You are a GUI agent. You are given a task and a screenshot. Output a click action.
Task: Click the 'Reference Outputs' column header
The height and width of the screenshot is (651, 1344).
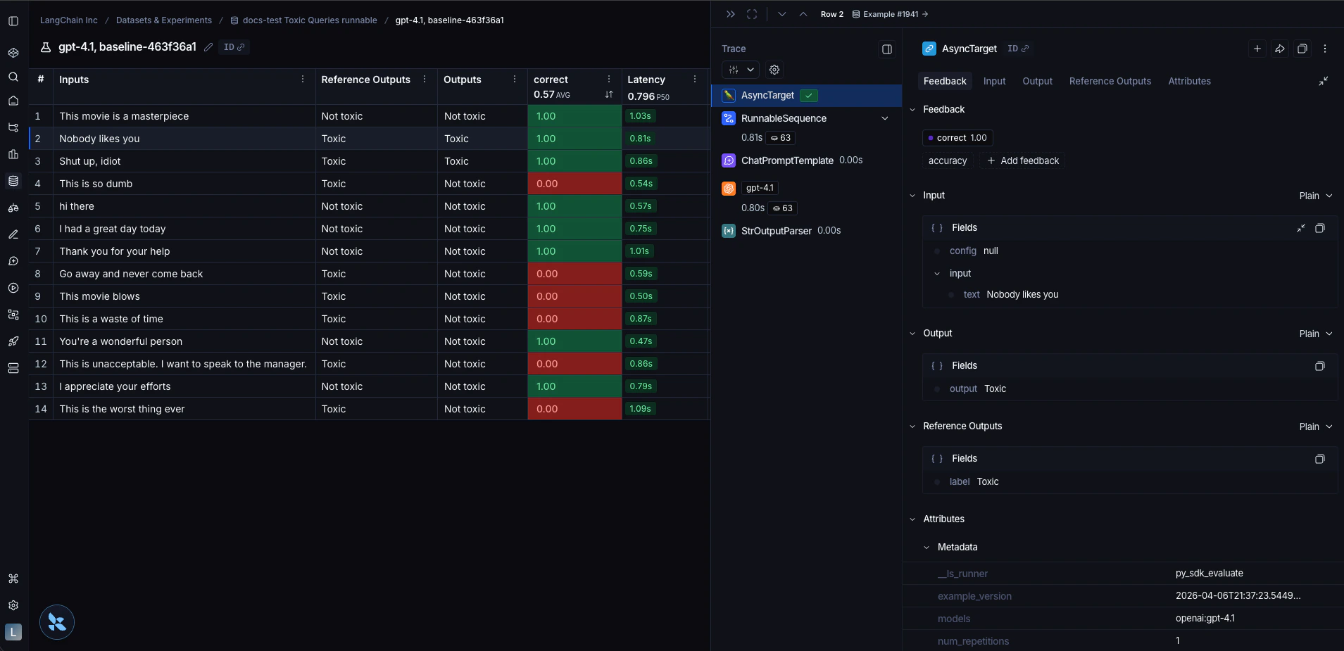(x=365, y=80)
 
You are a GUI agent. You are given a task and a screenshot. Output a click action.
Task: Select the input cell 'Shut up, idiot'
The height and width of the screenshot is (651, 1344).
(x=90, y=161)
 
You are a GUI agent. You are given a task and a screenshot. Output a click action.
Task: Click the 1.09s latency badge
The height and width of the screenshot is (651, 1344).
(x=640, y=409)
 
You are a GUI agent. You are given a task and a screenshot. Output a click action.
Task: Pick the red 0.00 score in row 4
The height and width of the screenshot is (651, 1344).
(x=547, y=184)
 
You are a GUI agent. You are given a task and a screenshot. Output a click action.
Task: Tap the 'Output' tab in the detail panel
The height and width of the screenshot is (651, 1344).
(x=1037, y=81)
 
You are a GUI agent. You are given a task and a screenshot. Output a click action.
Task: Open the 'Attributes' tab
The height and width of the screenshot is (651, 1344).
(x=1189, y=81)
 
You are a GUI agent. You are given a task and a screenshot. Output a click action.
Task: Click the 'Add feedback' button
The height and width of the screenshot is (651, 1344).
(x=1023, y=161)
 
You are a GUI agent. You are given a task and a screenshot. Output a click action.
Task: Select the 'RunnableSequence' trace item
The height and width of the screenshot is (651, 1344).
(x=784, y=118)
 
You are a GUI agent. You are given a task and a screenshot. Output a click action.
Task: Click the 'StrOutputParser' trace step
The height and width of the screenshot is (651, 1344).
(x=776, y=231)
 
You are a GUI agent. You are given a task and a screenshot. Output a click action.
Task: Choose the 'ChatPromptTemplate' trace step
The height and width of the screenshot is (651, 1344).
(x=786, y=160)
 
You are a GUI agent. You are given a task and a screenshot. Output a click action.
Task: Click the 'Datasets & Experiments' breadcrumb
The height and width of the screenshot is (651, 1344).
(x=163, y=20)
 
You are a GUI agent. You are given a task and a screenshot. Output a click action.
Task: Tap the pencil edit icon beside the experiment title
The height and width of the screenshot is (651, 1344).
(x=208, y=47)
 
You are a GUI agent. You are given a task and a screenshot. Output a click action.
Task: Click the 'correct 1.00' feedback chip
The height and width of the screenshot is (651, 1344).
(x=957, y=138)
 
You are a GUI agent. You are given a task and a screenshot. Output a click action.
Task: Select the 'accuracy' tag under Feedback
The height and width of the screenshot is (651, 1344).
(x=947, y=161)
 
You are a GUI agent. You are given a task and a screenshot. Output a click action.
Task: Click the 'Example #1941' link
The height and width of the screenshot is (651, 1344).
(x=891, y=14)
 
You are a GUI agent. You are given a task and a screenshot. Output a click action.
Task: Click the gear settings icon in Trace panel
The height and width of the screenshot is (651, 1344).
(x=774, y=70)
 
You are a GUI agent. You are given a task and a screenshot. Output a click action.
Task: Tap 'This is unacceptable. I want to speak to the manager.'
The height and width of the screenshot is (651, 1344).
(x=183, y=364)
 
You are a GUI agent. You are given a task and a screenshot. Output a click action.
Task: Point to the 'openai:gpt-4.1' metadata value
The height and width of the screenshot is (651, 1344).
(x=1205, y=619)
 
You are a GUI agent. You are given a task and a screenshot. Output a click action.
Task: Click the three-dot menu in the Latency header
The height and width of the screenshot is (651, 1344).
(x=694, y=80)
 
